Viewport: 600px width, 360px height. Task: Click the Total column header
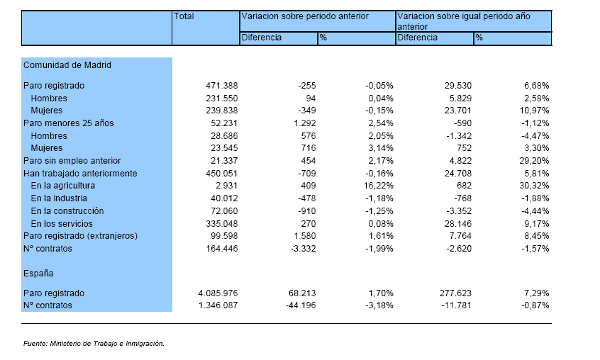184,16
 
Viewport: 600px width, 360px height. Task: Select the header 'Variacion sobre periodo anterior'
305,16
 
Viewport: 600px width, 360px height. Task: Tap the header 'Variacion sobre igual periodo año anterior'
464,21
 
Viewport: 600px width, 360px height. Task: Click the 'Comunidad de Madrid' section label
67,65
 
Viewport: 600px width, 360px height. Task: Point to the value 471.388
221,86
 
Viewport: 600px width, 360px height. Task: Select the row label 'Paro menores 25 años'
69,123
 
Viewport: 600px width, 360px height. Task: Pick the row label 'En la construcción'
67,211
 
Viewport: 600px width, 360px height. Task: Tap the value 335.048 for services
221,223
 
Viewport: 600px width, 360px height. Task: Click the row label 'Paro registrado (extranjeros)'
80,236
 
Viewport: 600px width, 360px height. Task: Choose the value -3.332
303,249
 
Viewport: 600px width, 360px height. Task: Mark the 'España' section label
38,274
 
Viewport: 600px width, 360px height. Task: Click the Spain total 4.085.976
218,293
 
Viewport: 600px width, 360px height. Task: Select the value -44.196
301,305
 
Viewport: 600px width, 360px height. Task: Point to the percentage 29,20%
534,161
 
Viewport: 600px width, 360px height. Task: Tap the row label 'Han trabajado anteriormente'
80,174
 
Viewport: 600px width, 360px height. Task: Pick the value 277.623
455,293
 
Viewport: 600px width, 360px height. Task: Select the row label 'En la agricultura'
62,186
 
